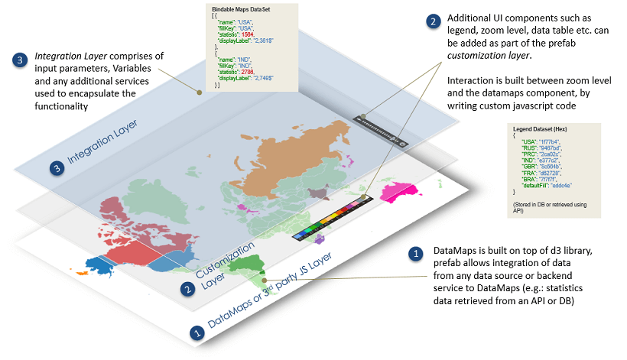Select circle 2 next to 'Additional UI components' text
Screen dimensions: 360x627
[434, 21]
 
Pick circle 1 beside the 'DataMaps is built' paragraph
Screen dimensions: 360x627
[416, 252]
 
